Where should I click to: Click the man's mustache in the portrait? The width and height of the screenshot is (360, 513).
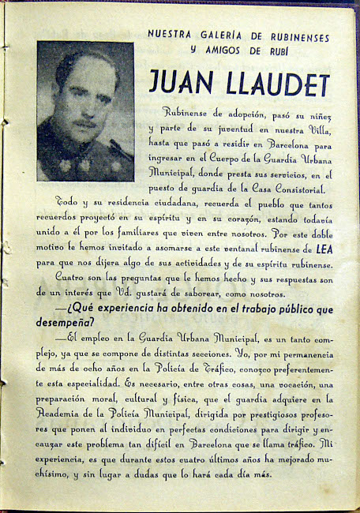tap(84, 124)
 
